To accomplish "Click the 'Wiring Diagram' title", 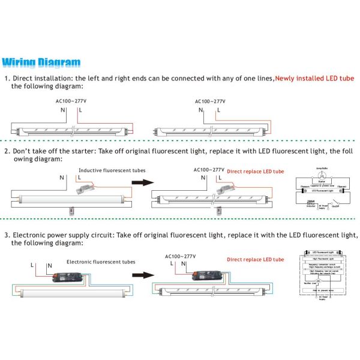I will coord(41,62).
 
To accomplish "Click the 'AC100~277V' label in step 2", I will coord(209,170).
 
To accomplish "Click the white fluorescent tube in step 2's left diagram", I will coord(66,196).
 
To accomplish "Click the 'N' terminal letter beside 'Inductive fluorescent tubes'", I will coord(61,178).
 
